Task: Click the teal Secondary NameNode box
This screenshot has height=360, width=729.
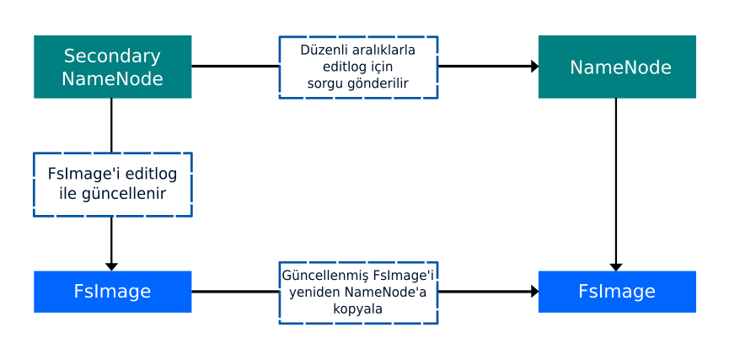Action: click(112, 67)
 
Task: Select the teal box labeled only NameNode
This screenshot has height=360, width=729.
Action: click(617, 67)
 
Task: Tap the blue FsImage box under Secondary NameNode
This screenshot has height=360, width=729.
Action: click(112, 292)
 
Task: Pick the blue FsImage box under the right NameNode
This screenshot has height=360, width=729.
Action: click(617, 292)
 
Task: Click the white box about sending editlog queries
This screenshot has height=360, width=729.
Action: click(358, 67)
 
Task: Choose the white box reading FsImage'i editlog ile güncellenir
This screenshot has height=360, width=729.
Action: click(112, 184)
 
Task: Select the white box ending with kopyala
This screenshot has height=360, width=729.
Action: click(358, 292)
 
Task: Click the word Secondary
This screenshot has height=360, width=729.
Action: click(112, 56)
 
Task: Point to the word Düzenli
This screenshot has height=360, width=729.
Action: click(323, 50)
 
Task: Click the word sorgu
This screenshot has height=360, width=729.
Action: click(326, 83)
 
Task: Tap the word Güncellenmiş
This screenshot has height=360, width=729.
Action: click(325, 276)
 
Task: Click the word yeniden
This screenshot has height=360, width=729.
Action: click(314, 293)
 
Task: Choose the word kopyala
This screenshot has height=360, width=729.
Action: click(358, 309)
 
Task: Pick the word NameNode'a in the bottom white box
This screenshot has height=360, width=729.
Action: click(386, 293)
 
